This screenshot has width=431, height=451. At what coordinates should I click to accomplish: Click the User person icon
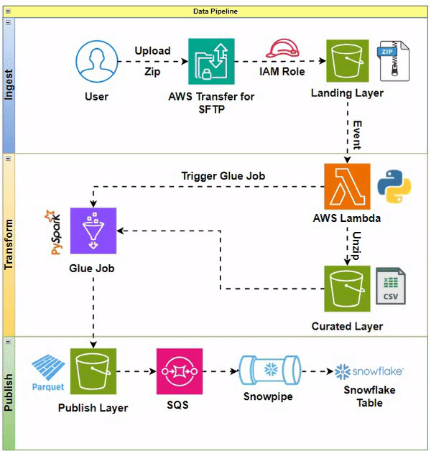97,62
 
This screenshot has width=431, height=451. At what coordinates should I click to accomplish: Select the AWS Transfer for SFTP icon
211,62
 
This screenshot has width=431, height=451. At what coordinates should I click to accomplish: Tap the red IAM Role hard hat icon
282,50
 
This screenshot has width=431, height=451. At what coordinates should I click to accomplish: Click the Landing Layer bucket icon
348,62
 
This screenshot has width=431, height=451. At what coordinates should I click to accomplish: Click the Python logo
394,186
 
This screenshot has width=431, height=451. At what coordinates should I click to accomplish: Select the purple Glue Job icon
93,230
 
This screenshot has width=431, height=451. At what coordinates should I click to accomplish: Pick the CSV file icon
391,287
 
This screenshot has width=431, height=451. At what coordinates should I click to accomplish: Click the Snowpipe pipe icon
271,372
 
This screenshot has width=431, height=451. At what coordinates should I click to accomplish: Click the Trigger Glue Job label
223,176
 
